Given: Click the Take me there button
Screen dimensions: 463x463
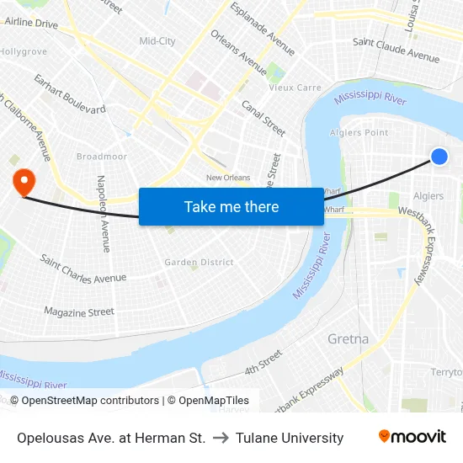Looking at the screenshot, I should [x=231, y=206].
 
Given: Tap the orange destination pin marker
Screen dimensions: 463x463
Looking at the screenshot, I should [x=23, y=181].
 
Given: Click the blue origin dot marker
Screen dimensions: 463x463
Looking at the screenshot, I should [x=439, y=156].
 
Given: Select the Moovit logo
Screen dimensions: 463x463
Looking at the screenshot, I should [x=412, y=437].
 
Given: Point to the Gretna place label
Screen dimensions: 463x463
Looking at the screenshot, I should [x=348, y=338].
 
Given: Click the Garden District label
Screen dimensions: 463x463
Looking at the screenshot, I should [x=199, y=263].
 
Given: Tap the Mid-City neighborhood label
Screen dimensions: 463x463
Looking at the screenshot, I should [x=157, y=40].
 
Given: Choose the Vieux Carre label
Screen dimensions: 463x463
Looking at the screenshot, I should [x=295, y=88].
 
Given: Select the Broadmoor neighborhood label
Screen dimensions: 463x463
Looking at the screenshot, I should [x=102, y=157].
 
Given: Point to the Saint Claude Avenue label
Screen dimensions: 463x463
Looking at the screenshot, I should [x=396, y=50].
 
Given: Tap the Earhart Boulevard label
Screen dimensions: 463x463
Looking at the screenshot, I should [x=70, y=94].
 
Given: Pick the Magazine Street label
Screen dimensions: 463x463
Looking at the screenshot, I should [x=79, y=312].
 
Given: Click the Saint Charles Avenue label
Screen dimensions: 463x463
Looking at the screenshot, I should [x=83, y=269].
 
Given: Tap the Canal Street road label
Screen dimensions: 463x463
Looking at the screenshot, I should [x=263, y=118].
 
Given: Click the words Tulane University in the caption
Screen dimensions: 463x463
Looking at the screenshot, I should [x=290, y=438].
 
